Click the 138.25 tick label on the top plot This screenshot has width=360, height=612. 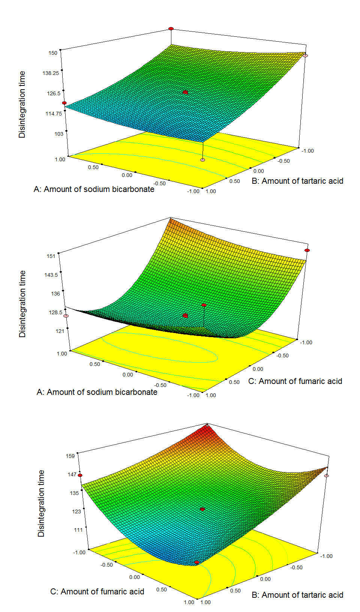(x=51, y=73)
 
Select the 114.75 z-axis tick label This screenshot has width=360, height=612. (x=54, y=114)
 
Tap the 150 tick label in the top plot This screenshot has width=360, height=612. (x=53, y=53)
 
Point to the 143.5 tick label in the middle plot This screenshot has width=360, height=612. (x=51, y=275)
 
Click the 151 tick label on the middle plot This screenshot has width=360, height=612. (x=51, y=256)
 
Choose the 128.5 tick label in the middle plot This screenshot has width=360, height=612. (x=55, y=312)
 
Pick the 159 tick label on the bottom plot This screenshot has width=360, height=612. (x=70, y=456)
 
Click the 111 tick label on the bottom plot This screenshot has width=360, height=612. (x=78, y=530)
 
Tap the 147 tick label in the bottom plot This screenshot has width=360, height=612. (x=72, y=474)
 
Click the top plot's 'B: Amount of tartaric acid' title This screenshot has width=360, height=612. (x=297, y=181)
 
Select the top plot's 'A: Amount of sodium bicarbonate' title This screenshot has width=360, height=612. (x=94, y=189)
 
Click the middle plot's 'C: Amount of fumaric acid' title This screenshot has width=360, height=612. (x=295, y=381)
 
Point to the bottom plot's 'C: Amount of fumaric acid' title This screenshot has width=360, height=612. (x=97, y=592)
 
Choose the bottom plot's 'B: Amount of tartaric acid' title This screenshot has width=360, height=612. (x=297, y=595)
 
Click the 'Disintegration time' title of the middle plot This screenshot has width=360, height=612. (x=22, y=304)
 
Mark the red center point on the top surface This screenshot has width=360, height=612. (x=185, y=92)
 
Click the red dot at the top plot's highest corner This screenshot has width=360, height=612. (x=171, y=28)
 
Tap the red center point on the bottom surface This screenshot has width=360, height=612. (x=202, y=509)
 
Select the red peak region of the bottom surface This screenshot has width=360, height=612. (x=206, y=431)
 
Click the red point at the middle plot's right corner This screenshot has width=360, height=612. (x=307, y=250)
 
